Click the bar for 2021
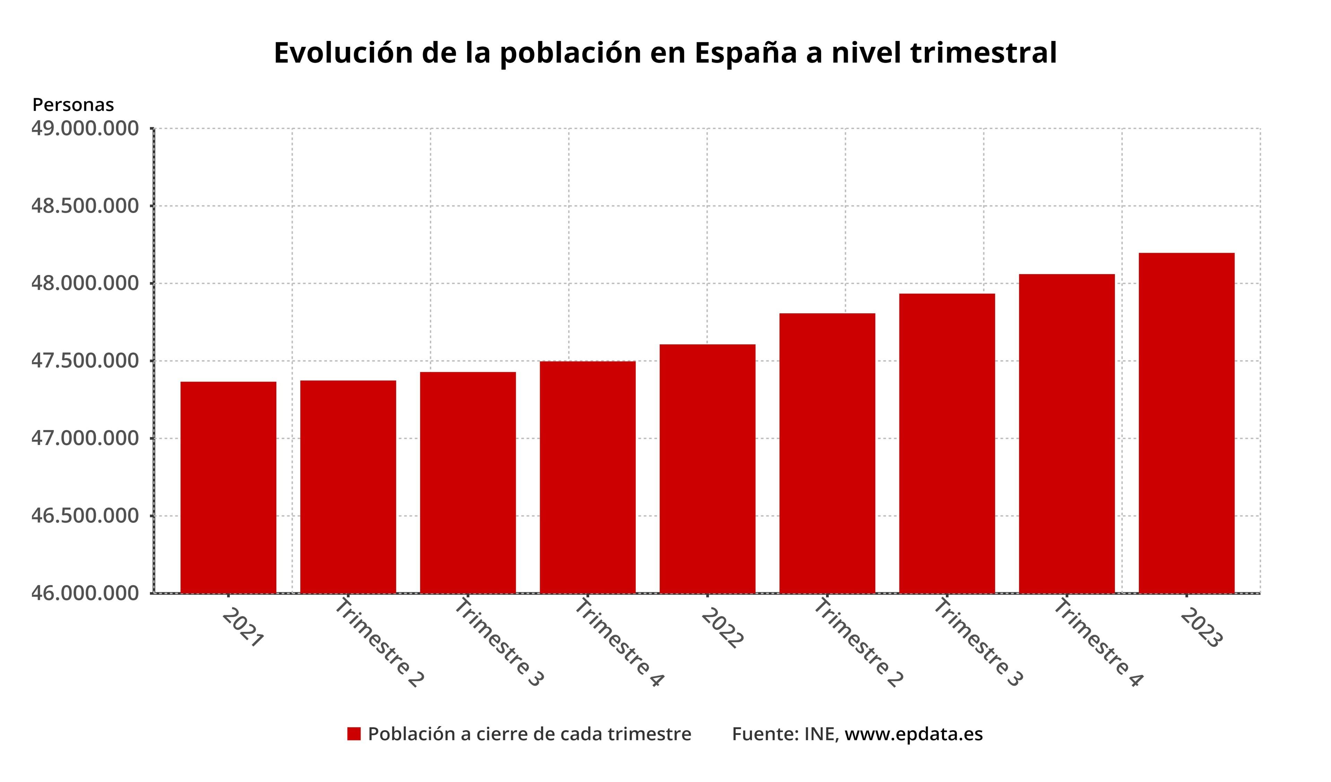point(228,487)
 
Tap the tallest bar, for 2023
point(1186,423)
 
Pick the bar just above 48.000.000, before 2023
point(1067,433)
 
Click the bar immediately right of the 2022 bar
point(827,453)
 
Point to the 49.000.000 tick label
point(85,128)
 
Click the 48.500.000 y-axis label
point(85,206)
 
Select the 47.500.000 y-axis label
point(85,361)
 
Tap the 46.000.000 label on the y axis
point(85,593)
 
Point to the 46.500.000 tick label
point(85,516)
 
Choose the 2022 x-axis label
point(722,628)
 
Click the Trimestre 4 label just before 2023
point(1097,643)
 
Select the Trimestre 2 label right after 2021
point(379,643)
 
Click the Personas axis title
point(73,105)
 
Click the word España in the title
point(745,53)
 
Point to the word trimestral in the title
point(983,53)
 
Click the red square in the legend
point(354,734)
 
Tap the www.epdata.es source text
point(913,734)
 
